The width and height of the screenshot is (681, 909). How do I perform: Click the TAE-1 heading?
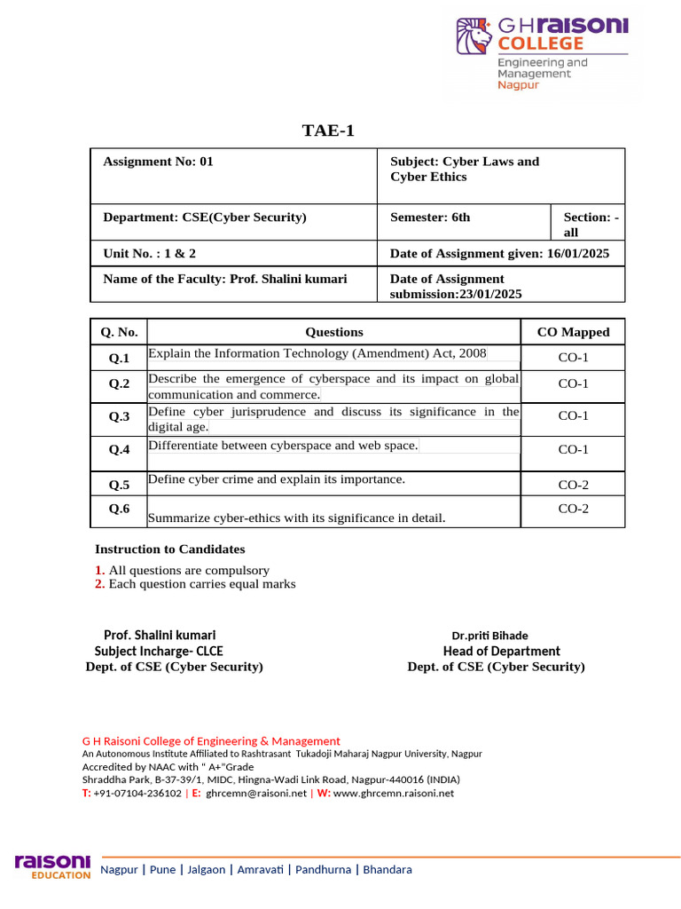328,131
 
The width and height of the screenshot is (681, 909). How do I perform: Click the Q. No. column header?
119,332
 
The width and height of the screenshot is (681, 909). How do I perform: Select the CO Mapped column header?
573,332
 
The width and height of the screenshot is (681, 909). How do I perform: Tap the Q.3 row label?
119,416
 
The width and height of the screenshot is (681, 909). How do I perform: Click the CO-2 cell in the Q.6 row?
573,509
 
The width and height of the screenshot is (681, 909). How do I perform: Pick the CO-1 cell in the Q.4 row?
573,450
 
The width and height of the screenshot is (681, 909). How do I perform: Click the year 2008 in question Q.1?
473,353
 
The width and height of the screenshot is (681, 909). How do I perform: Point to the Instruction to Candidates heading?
170,549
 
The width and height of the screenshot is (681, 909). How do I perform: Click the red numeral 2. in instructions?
99,584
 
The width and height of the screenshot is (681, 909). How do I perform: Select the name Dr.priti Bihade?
489,636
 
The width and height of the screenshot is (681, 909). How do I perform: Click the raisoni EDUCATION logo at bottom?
53,867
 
